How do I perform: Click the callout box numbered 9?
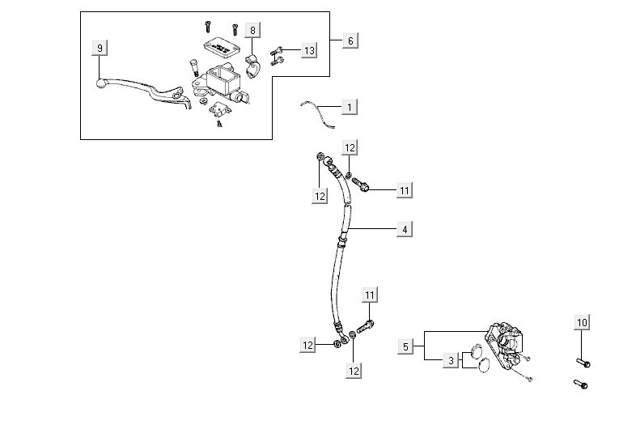point(100,48)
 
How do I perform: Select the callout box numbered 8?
point(252,32)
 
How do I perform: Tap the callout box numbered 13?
point(307,50)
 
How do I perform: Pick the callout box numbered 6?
point(350,40)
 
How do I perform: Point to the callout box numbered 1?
point(349,107)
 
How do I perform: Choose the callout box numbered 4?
point(404,230)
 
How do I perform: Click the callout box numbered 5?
point(406,346)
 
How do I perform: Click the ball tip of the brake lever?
point(100,82)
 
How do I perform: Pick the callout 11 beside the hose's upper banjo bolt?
point(405,190)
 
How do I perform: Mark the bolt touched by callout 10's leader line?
point(582,362)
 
